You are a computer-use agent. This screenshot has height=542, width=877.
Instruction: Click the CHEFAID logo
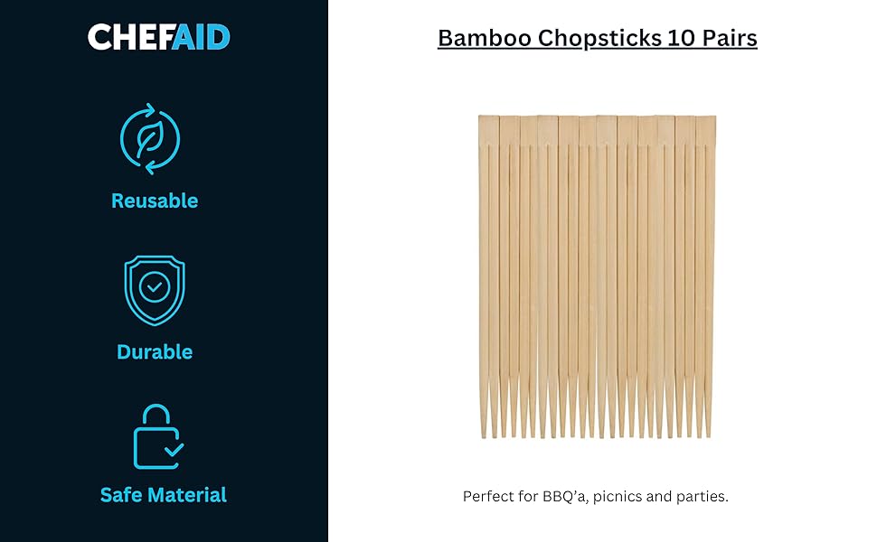click(159, 37)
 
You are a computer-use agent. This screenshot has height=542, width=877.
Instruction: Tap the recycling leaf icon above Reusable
click(150, 138)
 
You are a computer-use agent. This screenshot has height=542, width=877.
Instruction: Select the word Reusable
click(155, 201)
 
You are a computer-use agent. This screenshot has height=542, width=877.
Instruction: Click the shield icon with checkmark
click(155, 290)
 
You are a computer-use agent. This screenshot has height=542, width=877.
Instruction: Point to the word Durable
click(155, 352)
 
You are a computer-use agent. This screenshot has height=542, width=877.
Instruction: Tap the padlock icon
click(158, 436)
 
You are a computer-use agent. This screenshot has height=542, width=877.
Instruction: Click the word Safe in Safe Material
click(121, 495)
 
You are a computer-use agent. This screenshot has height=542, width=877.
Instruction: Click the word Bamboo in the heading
click(485, 38)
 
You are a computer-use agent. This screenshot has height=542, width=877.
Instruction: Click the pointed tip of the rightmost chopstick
click(708, 436)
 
